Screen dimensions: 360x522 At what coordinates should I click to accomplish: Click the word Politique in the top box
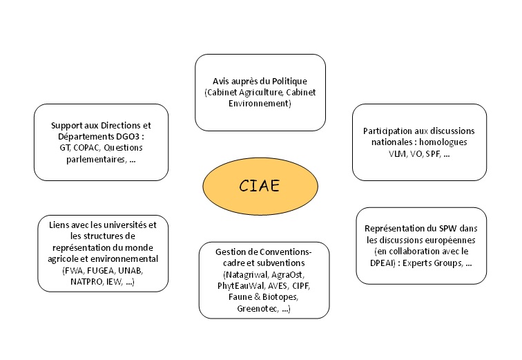click(286, 81)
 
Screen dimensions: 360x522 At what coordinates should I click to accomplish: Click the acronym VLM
click(400, 153)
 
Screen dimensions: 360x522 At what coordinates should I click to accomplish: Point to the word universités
click(124, 225)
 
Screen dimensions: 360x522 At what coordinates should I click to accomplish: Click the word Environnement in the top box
click(260, 104)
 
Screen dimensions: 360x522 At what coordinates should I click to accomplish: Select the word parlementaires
click(80, 158)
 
